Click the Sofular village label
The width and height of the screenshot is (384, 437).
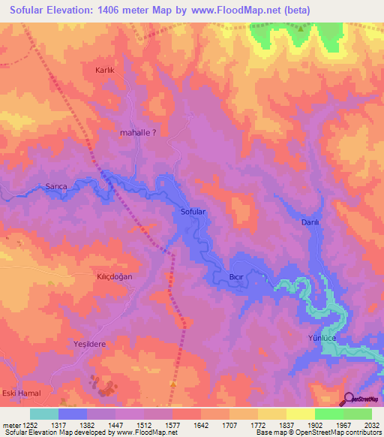[193, 212]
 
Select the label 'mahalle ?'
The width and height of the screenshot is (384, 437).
[138, 132]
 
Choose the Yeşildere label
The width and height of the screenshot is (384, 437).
[91, 343]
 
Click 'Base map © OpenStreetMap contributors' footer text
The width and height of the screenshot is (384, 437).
[317, 432]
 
